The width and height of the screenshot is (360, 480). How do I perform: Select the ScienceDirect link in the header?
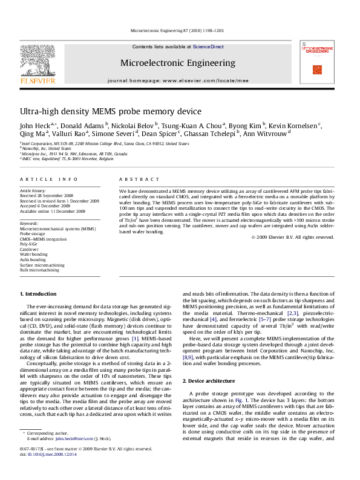(208, 47)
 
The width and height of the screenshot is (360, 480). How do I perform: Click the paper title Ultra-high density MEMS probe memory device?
(111, 112)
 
